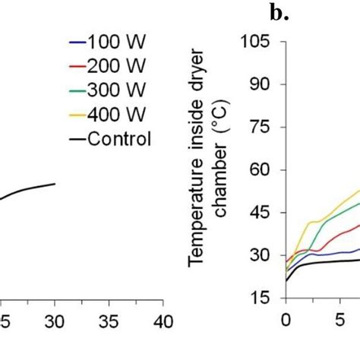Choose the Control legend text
point(120,138)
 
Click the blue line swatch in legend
point(77,42)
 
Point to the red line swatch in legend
point(77,66)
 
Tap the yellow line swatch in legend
point(77,115)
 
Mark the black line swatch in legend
point(77,139)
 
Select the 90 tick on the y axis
point(260,85)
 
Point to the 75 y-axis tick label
point(260,128)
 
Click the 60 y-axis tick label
point(260,171)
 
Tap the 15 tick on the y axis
point(260,298)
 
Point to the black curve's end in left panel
point(55,184)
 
